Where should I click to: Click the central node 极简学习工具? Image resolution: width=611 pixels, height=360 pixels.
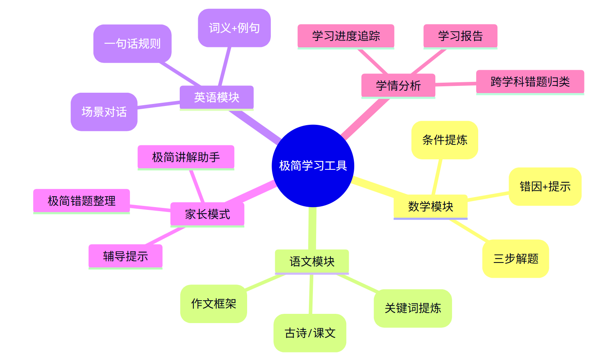click(x=313, y=166)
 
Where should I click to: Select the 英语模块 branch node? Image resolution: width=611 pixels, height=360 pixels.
click(x=217, y=97)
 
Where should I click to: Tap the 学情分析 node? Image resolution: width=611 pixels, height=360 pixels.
click(x=398, y=85)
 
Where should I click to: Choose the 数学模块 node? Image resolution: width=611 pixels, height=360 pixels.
click(x=430, y=206)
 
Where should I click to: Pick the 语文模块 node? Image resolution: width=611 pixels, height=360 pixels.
click(x=312, y=261)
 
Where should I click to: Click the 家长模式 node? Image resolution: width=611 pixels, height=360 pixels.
click(x=207, y=214)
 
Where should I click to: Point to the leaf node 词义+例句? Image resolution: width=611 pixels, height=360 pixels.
click(x=234, y=28)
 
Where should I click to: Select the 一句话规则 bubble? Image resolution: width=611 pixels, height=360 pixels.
click(x=132, y=43)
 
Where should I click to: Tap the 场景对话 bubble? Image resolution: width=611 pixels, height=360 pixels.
click(x=104, y=112)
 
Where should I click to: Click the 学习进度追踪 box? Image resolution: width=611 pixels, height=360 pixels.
click(x=346, y=36)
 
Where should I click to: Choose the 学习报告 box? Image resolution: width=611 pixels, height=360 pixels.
click(x=460, y=36)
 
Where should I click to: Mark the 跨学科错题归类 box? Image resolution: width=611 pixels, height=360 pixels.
click(x=530, y=82)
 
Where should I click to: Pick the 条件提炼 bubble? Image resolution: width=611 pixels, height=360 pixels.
click(x=445, y=140)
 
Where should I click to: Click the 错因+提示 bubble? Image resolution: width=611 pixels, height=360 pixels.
click(x=545, y=187)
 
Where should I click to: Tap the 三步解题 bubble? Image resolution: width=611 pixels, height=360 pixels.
click(x=516, y=258)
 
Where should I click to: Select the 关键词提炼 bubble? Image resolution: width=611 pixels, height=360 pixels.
click(x=412, y=308)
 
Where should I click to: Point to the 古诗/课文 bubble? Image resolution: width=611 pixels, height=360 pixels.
click(x=310, y=333)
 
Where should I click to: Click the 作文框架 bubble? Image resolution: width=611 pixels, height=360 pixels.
click(x=213, y=303)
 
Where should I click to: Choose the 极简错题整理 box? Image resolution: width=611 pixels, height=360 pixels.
click(x=81, y=201)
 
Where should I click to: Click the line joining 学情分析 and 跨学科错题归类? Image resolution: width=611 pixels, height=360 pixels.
click(x=456, y=84)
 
